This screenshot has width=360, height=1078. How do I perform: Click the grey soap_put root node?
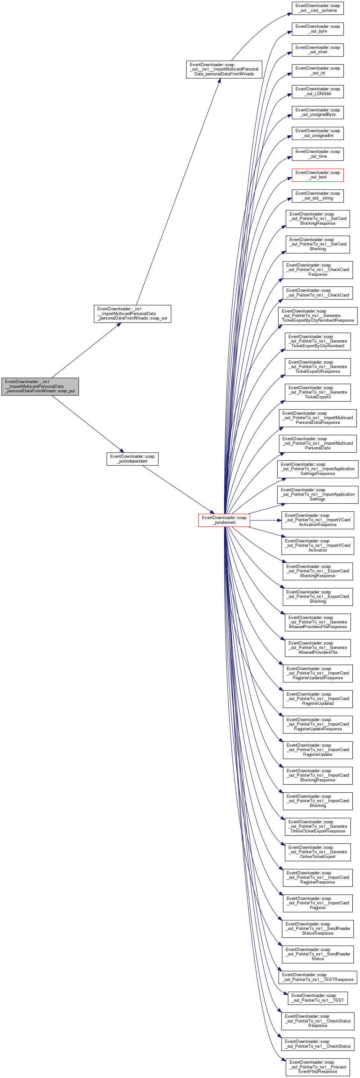click(40, 386)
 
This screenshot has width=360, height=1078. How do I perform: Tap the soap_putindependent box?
click(132, 459)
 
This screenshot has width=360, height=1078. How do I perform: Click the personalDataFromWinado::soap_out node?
click(132, 313)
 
